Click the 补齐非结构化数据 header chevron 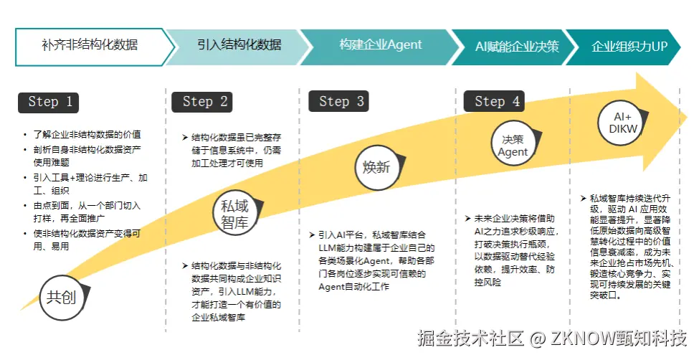pos(90,46)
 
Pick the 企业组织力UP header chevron pos(629,47)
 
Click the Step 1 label pos(49,102)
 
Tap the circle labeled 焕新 pos(375,168)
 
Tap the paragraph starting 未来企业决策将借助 pos(513,250)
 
